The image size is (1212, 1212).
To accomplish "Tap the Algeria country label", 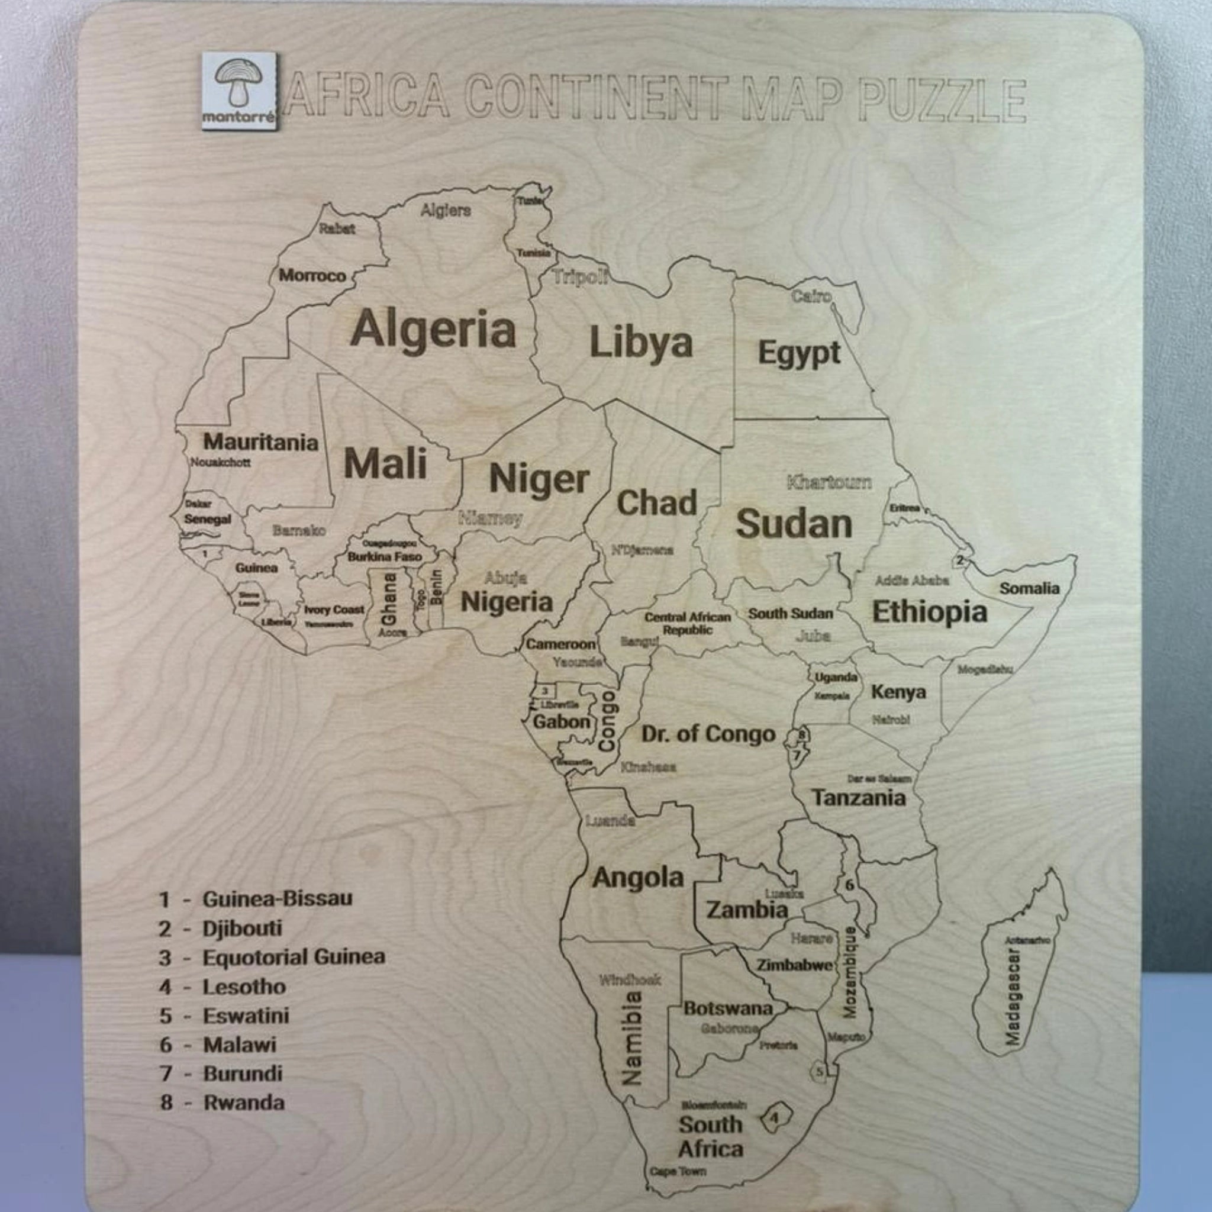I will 433,328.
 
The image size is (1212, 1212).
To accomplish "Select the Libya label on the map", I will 641,343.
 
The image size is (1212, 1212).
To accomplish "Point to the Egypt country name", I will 798,353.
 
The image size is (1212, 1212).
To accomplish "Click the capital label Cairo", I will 811,296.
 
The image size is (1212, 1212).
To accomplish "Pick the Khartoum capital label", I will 829,482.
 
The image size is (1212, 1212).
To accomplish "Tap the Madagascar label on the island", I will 1013,995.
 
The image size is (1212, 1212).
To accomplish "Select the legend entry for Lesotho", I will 243,987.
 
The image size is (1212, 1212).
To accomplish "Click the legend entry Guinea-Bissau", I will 276,899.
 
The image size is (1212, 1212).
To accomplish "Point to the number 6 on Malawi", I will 849,886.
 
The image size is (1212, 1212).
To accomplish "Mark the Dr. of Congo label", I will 708,734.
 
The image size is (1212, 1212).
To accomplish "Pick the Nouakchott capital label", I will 220,462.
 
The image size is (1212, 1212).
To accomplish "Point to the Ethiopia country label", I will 929,612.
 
